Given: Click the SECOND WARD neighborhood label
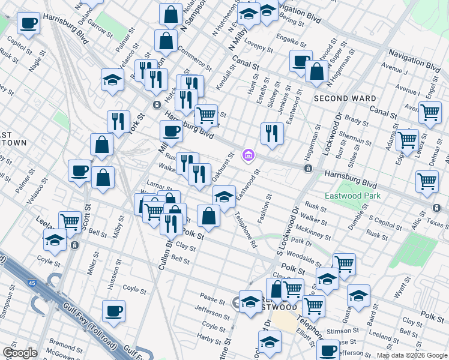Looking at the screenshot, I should point(345,98).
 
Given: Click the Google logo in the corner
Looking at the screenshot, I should point(20,353).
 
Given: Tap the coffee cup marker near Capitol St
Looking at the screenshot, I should point(28,25).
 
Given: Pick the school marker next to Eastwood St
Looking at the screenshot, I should point(224,196).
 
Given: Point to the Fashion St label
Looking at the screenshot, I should point(265,207).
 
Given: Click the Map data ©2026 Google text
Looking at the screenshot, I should point(412,355).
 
